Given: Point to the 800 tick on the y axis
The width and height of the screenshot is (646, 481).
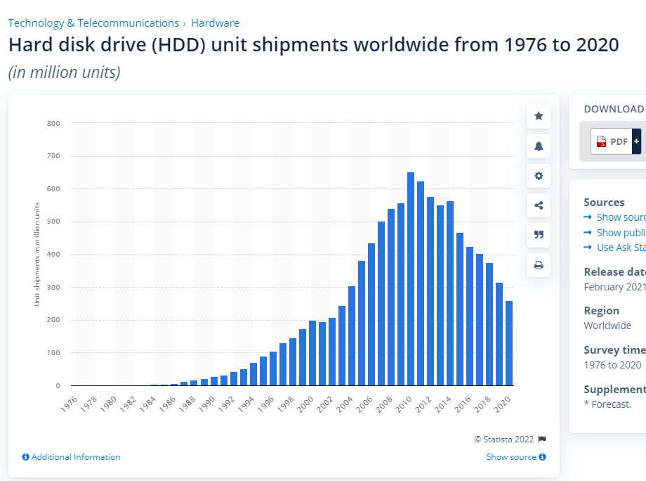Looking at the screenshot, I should click(53, 124).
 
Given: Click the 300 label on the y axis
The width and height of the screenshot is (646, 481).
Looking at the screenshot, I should click(53, 288).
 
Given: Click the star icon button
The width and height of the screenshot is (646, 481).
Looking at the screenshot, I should click(539, 116).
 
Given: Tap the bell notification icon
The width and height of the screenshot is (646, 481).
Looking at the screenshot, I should click(539, 146).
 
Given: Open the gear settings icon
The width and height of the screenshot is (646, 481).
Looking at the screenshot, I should click(539, 176).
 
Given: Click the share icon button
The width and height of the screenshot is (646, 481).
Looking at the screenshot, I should click(539, 205).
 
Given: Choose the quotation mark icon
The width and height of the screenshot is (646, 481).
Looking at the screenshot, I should click(539, 235).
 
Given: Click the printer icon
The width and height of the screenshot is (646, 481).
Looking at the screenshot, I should click(539, 265).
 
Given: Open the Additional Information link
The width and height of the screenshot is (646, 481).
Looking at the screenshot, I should click(72, 457).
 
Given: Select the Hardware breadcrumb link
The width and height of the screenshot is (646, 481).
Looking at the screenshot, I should click(215, 23).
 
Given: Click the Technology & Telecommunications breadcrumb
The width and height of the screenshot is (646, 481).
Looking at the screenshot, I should click(93, 23).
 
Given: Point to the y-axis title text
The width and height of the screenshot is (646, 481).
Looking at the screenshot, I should click(37, 254).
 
